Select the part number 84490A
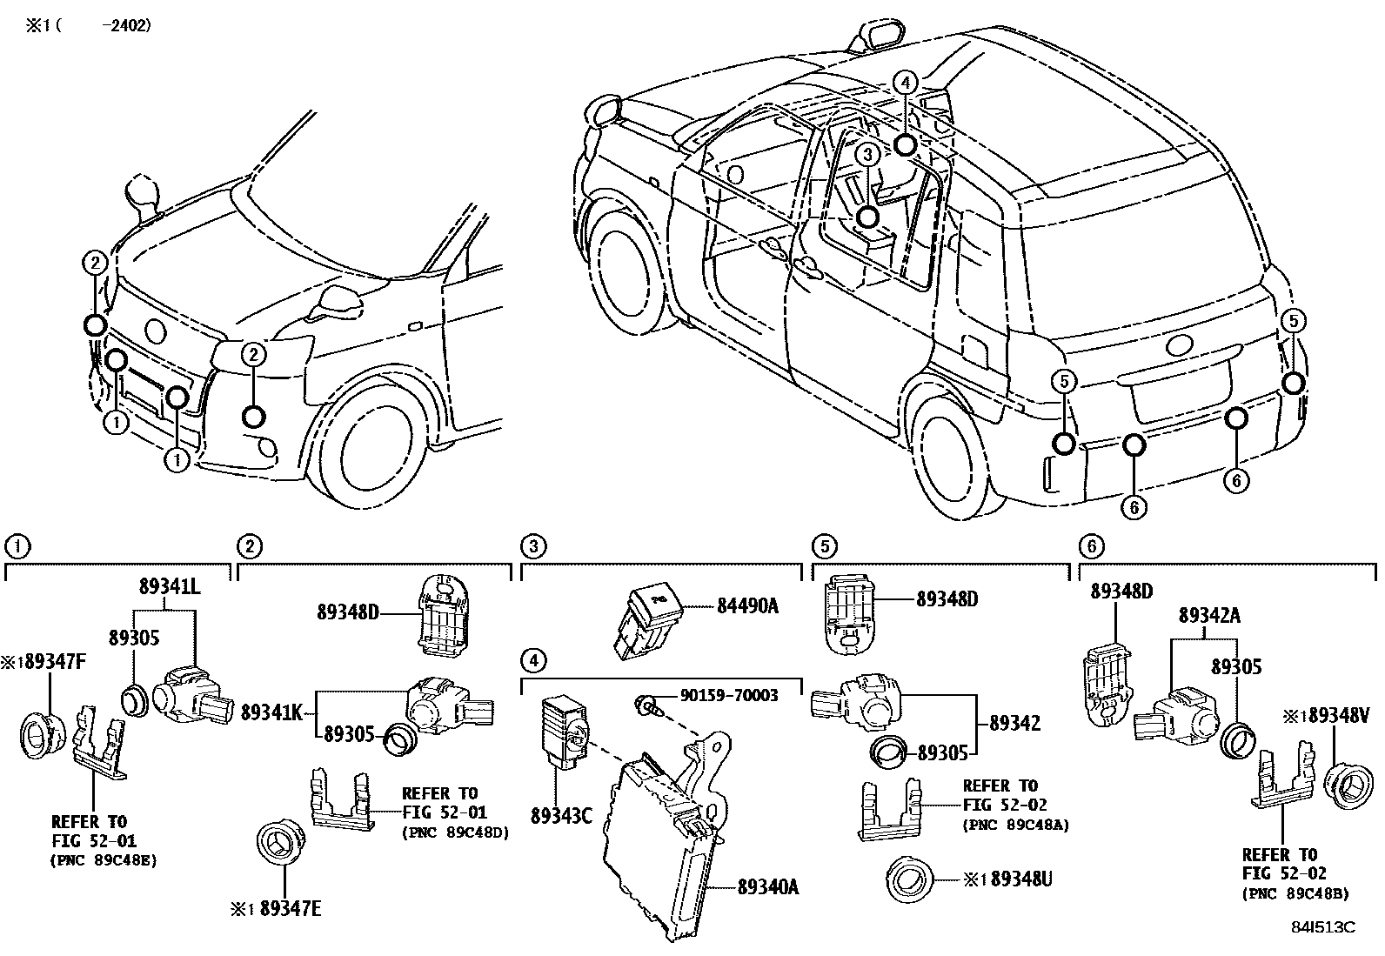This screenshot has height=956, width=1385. coord(748,605)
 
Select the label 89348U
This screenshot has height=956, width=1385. coord(1020,879)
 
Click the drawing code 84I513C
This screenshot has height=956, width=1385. coord(1322,926)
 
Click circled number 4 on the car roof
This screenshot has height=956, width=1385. coord(906,83)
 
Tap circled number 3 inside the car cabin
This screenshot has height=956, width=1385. coord(867,155)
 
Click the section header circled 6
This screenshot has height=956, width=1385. coord(1091,545)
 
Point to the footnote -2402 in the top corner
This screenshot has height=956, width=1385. coord(126,26)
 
